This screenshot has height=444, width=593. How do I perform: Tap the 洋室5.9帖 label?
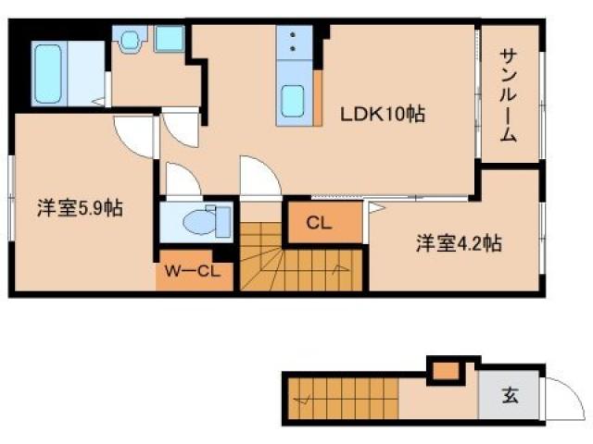[x=81, y=208]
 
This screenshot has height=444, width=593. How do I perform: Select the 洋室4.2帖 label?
[x=459, y=244]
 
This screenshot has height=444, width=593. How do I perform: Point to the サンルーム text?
[x=508, y=93]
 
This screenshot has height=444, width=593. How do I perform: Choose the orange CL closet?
[x=321, y=223]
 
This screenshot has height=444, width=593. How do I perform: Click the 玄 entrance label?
[x=510, y=397]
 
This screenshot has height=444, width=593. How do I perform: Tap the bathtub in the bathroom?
[x=47, y=72]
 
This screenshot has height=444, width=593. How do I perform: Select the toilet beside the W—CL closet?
[x=198, y=221]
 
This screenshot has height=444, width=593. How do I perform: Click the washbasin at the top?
[x=130, y=39]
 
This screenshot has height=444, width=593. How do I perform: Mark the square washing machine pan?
[x=169, y=39]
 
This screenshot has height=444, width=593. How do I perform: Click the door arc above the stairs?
[x=259, y=177]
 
